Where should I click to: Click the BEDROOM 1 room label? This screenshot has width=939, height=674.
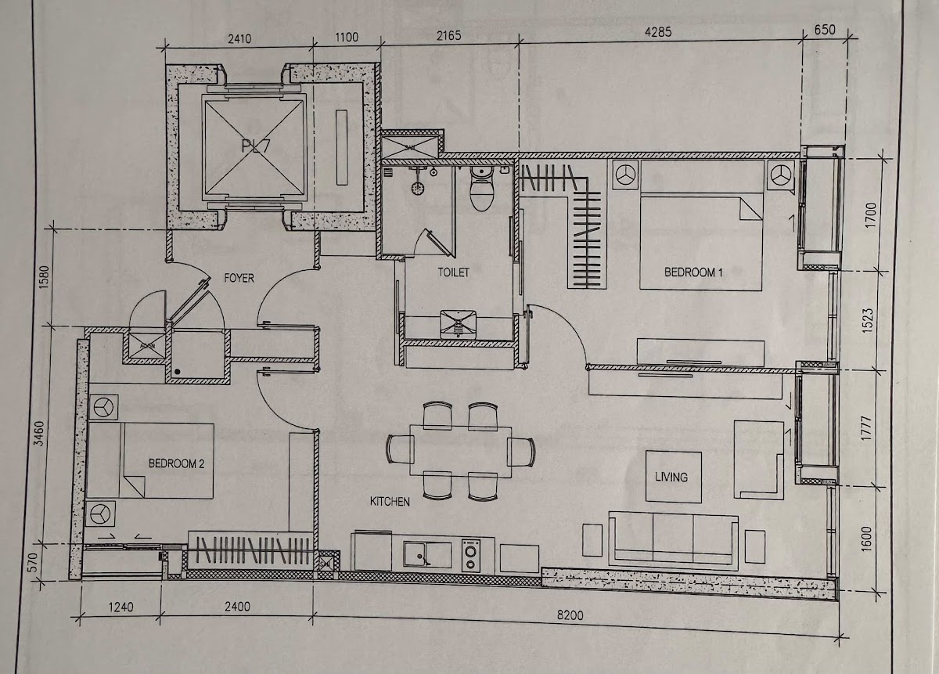pos(693,272)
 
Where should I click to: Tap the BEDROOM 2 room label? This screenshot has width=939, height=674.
pos(177,464)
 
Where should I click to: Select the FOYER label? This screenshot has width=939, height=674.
pos(239,278)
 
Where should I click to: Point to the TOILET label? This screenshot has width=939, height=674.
pos(453,272)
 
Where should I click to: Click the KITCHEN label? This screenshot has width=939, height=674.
pos(390,502)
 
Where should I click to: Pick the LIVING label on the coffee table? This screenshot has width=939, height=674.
pos(671,477)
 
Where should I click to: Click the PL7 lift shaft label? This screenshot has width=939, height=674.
pos(256,146)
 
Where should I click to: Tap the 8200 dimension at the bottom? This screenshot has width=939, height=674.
pos(570,615)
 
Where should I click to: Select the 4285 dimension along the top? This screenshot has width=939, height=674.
pos(658,32)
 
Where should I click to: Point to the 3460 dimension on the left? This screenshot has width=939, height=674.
pos(38,434)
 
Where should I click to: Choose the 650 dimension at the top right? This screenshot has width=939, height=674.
pos(825,30)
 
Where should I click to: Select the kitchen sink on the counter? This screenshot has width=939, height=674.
pos(427,555)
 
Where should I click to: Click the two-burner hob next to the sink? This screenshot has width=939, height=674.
pos(471,555)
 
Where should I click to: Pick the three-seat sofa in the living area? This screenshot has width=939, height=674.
pos(673,541)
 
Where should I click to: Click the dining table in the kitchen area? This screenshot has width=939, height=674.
pos(461,452)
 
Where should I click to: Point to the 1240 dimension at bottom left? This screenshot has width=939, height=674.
pos(121,607)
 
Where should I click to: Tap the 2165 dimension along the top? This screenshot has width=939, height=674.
pos(449,36)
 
